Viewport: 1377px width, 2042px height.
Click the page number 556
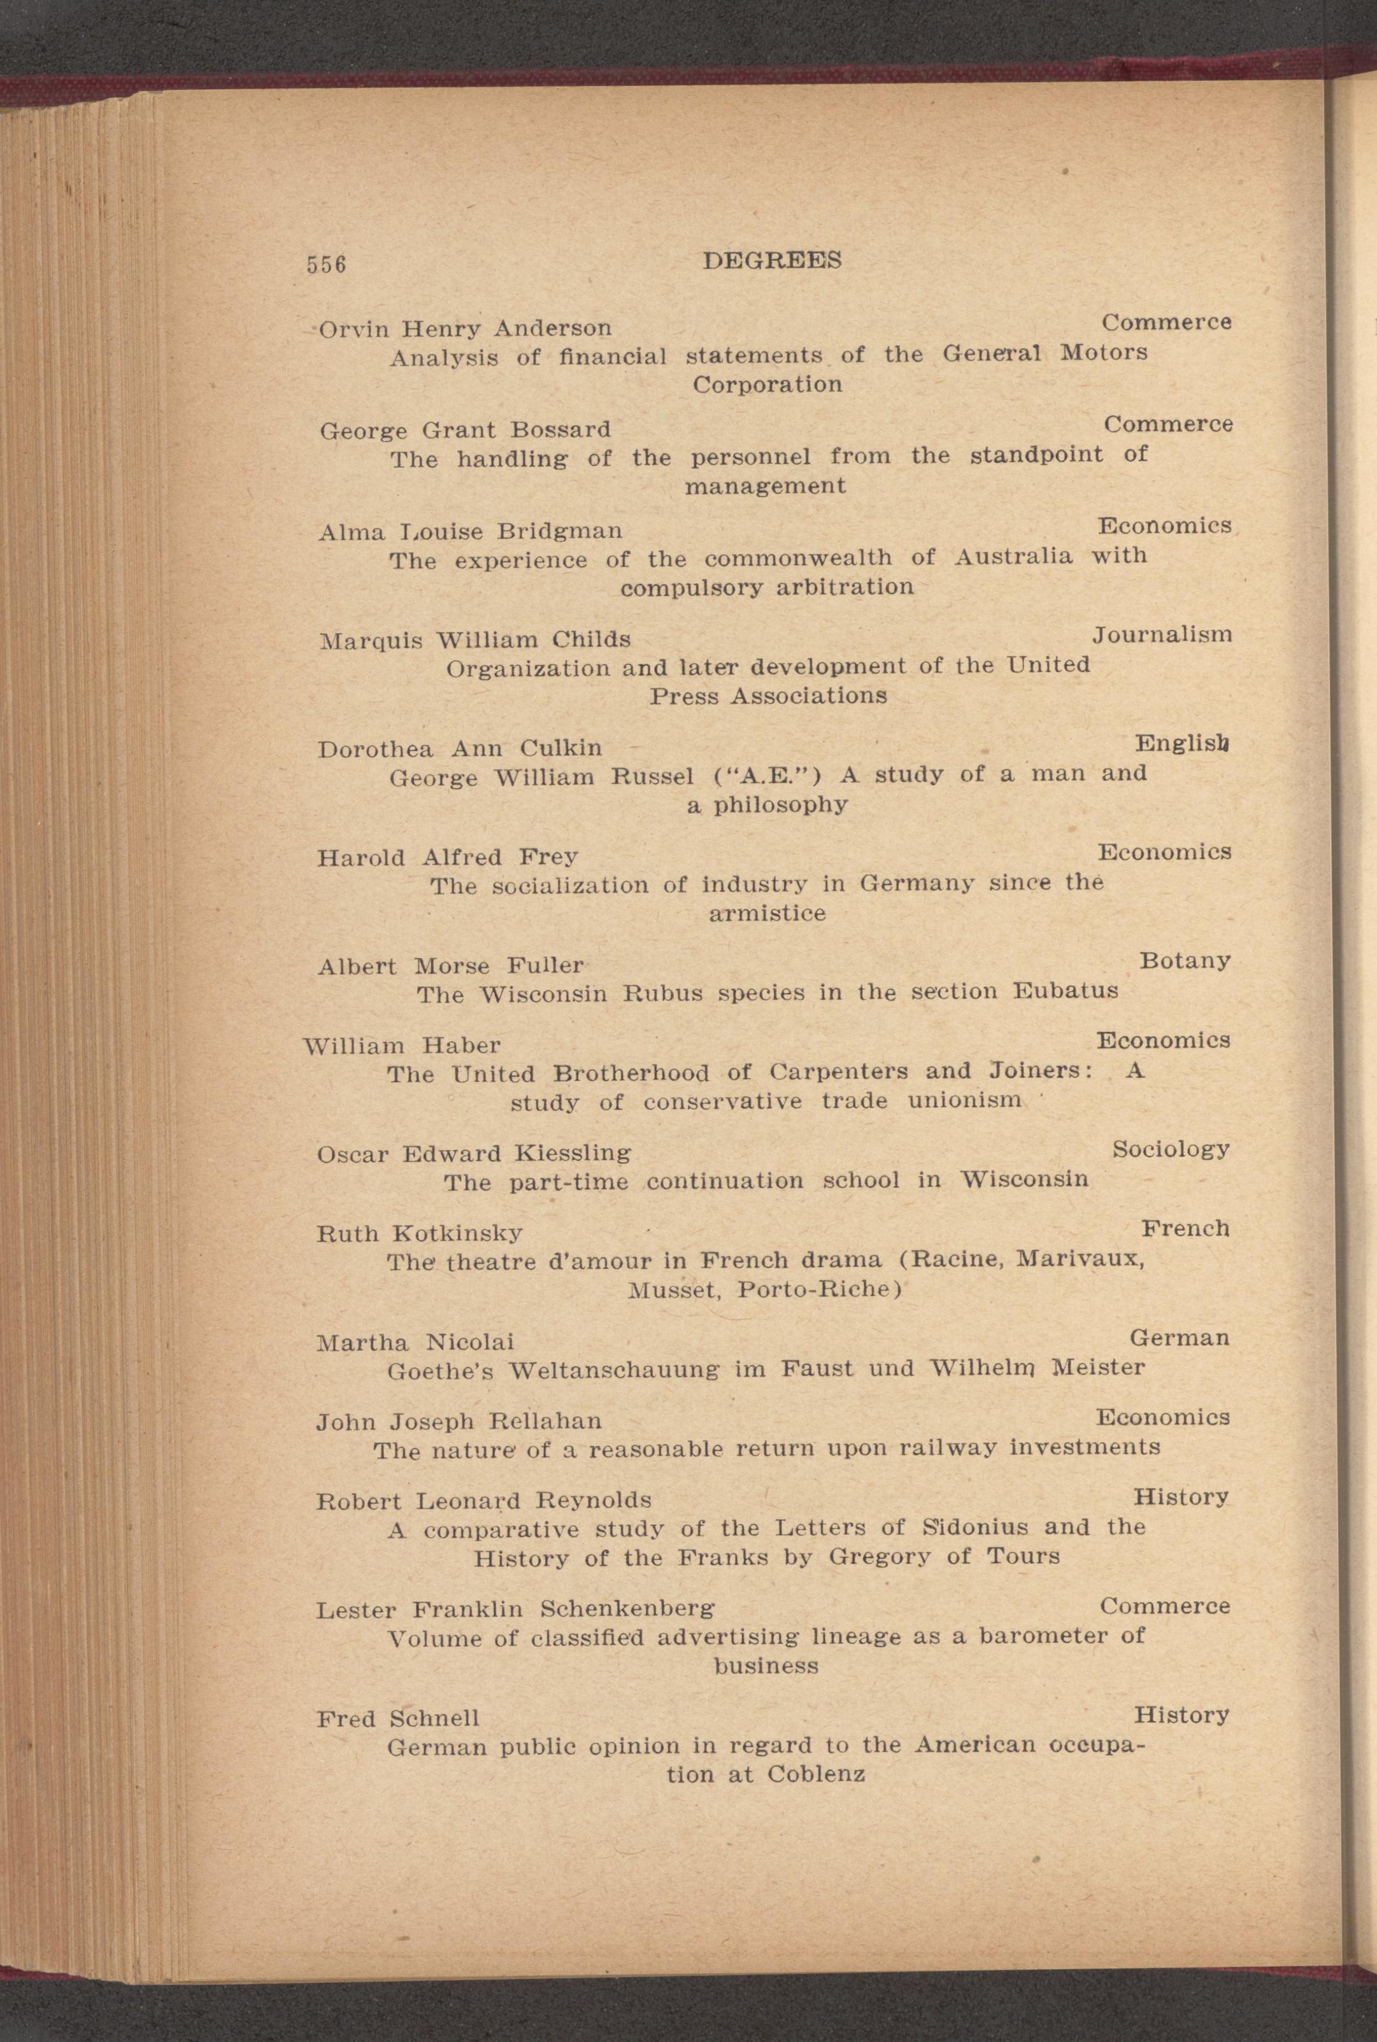click(x=326, y=264)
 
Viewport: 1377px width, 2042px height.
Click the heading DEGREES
click(x=772, y=260)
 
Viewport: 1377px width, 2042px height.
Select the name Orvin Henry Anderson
click(x=464, y=329)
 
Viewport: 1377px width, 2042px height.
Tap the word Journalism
click(x=1161, y=634)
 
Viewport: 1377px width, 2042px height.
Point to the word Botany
click(x=1184, y=960)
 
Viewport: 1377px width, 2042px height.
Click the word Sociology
click(x=1170, y=1149)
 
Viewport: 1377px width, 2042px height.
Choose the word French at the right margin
click(x=1185, y=1228)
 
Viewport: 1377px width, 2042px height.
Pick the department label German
click(x=1178, y=1338)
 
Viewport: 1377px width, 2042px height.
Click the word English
click(x=1181, y=744)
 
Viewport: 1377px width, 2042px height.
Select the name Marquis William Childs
click(x=474, y=640)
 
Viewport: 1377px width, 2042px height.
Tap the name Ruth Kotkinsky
click(x=419, y=1233)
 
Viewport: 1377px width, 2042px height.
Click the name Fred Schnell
click(x=398, y=1718)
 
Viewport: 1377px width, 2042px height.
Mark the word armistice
click(x=767, y=914)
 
